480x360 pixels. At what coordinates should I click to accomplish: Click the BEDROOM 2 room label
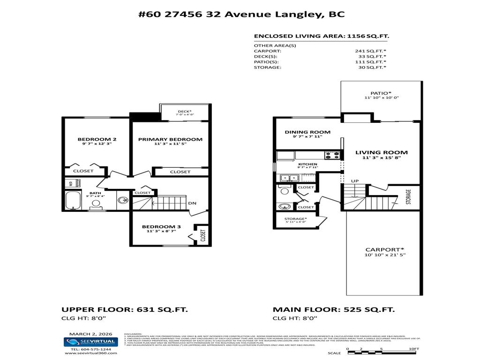97,139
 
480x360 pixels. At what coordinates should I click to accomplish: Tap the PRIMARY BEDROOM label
170,139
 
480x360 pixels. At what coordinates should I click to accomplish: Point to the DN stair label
192,203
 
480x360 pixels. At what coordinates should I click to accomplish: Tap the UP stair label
355,181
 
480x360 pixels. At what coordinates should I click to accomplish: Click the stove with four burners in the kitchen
333,155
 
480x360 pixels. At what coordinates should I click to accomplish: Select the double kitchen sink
288,178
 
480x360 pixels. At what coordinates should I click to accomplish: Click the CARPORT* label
384,249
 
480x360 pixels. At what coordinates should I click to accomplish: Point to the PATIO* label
381,93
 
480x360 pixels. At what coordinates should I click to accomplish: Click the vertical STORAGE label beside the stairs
408,197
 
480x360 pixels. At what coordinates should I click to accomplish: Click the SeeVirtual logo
90,342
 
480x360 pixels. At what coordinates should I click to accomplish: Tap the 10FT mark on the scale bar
413,349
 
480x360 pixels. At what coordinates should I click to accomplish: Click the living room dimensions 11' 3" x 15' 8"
381,158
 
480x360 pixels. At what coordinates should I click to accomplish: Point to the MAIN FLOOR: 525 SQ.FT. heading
334,310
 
